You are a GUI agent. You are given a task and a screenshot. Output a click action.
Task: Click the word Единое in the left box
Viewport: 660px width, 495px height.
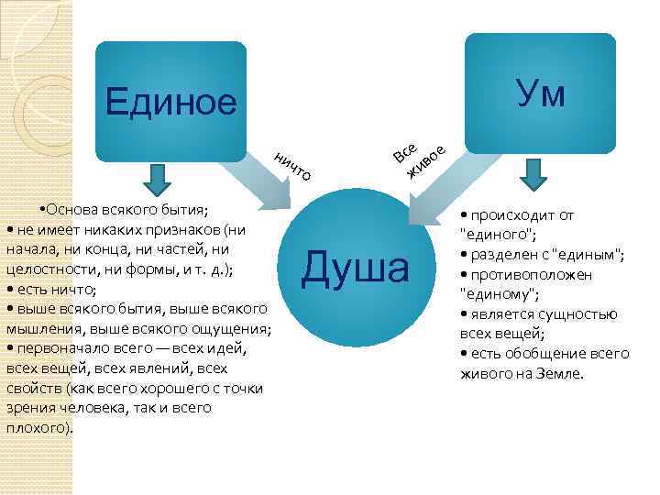tap(170, 101)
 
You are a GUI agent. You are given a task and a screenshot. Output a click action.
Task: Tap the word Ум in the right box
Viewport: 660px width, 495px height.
tap(540, 93)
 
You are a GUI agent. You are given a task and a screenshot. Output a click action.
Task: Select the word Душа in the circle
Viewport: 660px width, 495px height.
tap(357, 269)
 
